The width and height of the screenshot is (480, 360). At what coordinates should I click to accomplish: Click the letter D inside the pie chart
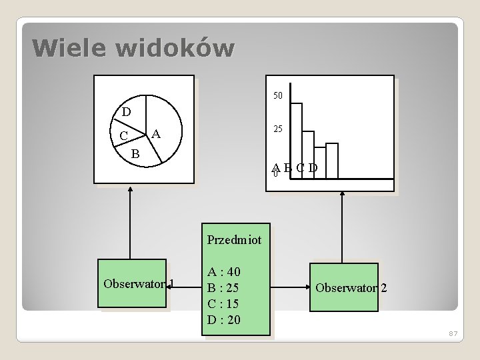(x=126, y=111)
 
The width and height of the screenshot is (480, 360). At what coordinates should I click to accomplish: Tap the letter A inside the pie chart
(x=155, y=134)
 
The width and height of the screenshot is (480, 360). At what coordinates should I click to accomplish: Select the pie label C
(x=123, y=137)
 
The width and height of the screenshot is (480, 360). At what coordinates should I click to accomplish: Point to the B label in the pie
(x=135, y=154)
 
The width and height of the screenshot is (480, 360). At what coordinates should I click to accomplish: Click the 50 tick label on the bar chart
(x=278, y=96)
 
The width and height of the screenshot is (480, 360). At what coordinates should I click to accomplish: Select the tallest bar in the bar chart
(x=297, y=140)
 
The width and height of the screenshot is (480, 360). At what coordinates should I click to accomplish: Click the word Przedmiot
(x=234, y=239)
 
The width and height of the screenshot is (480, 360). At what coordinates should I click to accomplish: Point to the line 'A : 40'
(x=224, y=272)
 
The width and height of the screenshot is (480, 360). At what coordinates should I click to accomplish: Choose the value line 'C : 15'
(x=224, y=304)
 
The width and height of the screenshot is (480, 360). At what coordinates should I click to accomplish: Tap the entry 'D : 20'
(x=224, y=320)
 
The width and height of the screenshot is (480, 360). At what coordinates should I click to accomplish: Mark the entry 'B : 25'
(x=224, y=288)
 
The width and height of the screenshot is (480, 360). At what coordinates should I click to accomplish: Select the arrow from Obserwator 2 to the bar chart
(x=342, y=227)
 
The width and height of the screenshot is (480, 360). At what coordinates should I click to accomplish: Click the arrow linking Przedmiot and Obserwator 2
(x=290, y=288)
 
